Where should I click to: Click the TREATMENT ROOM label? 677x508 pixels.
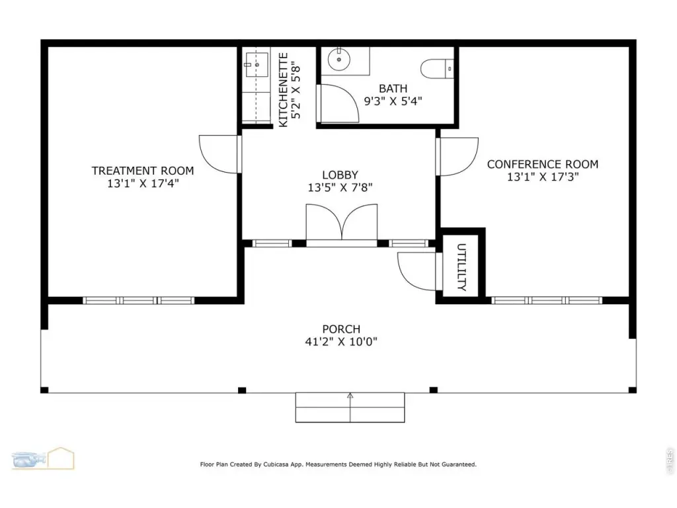pos(143,171)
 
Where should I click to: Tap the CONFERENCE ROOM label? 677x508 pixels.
pos(542,164)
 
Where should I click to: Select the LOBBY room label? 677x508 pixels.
pos(340,175)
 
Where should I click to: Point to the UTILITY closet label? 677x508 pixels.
pos(461,267)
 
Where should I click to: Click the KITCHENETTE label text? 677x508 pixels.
pos(283,90)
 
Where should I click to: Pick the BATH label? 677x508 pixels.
pos(393,89)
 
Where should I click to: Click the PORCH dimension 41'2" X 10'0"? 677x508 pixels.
pos(341,342)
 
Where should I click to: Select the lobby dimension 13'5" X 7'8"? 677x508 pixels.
pos(340,187)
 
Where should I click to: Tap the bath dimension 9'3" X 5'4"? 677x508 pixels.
pos(393,101)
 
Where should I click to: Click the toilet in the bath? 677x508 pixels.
pos(437,69)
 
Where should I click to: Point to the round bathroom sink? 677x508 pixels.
pos(339,60)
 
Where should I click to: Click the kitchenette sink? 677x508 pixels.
pos(257,65)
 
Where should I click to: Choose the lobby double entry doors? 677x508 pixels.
pos(342,222)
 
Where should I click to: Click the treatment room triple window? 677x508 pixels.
pos(138,301)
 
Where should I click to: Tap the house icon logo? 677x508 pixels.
pos(61,458)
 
